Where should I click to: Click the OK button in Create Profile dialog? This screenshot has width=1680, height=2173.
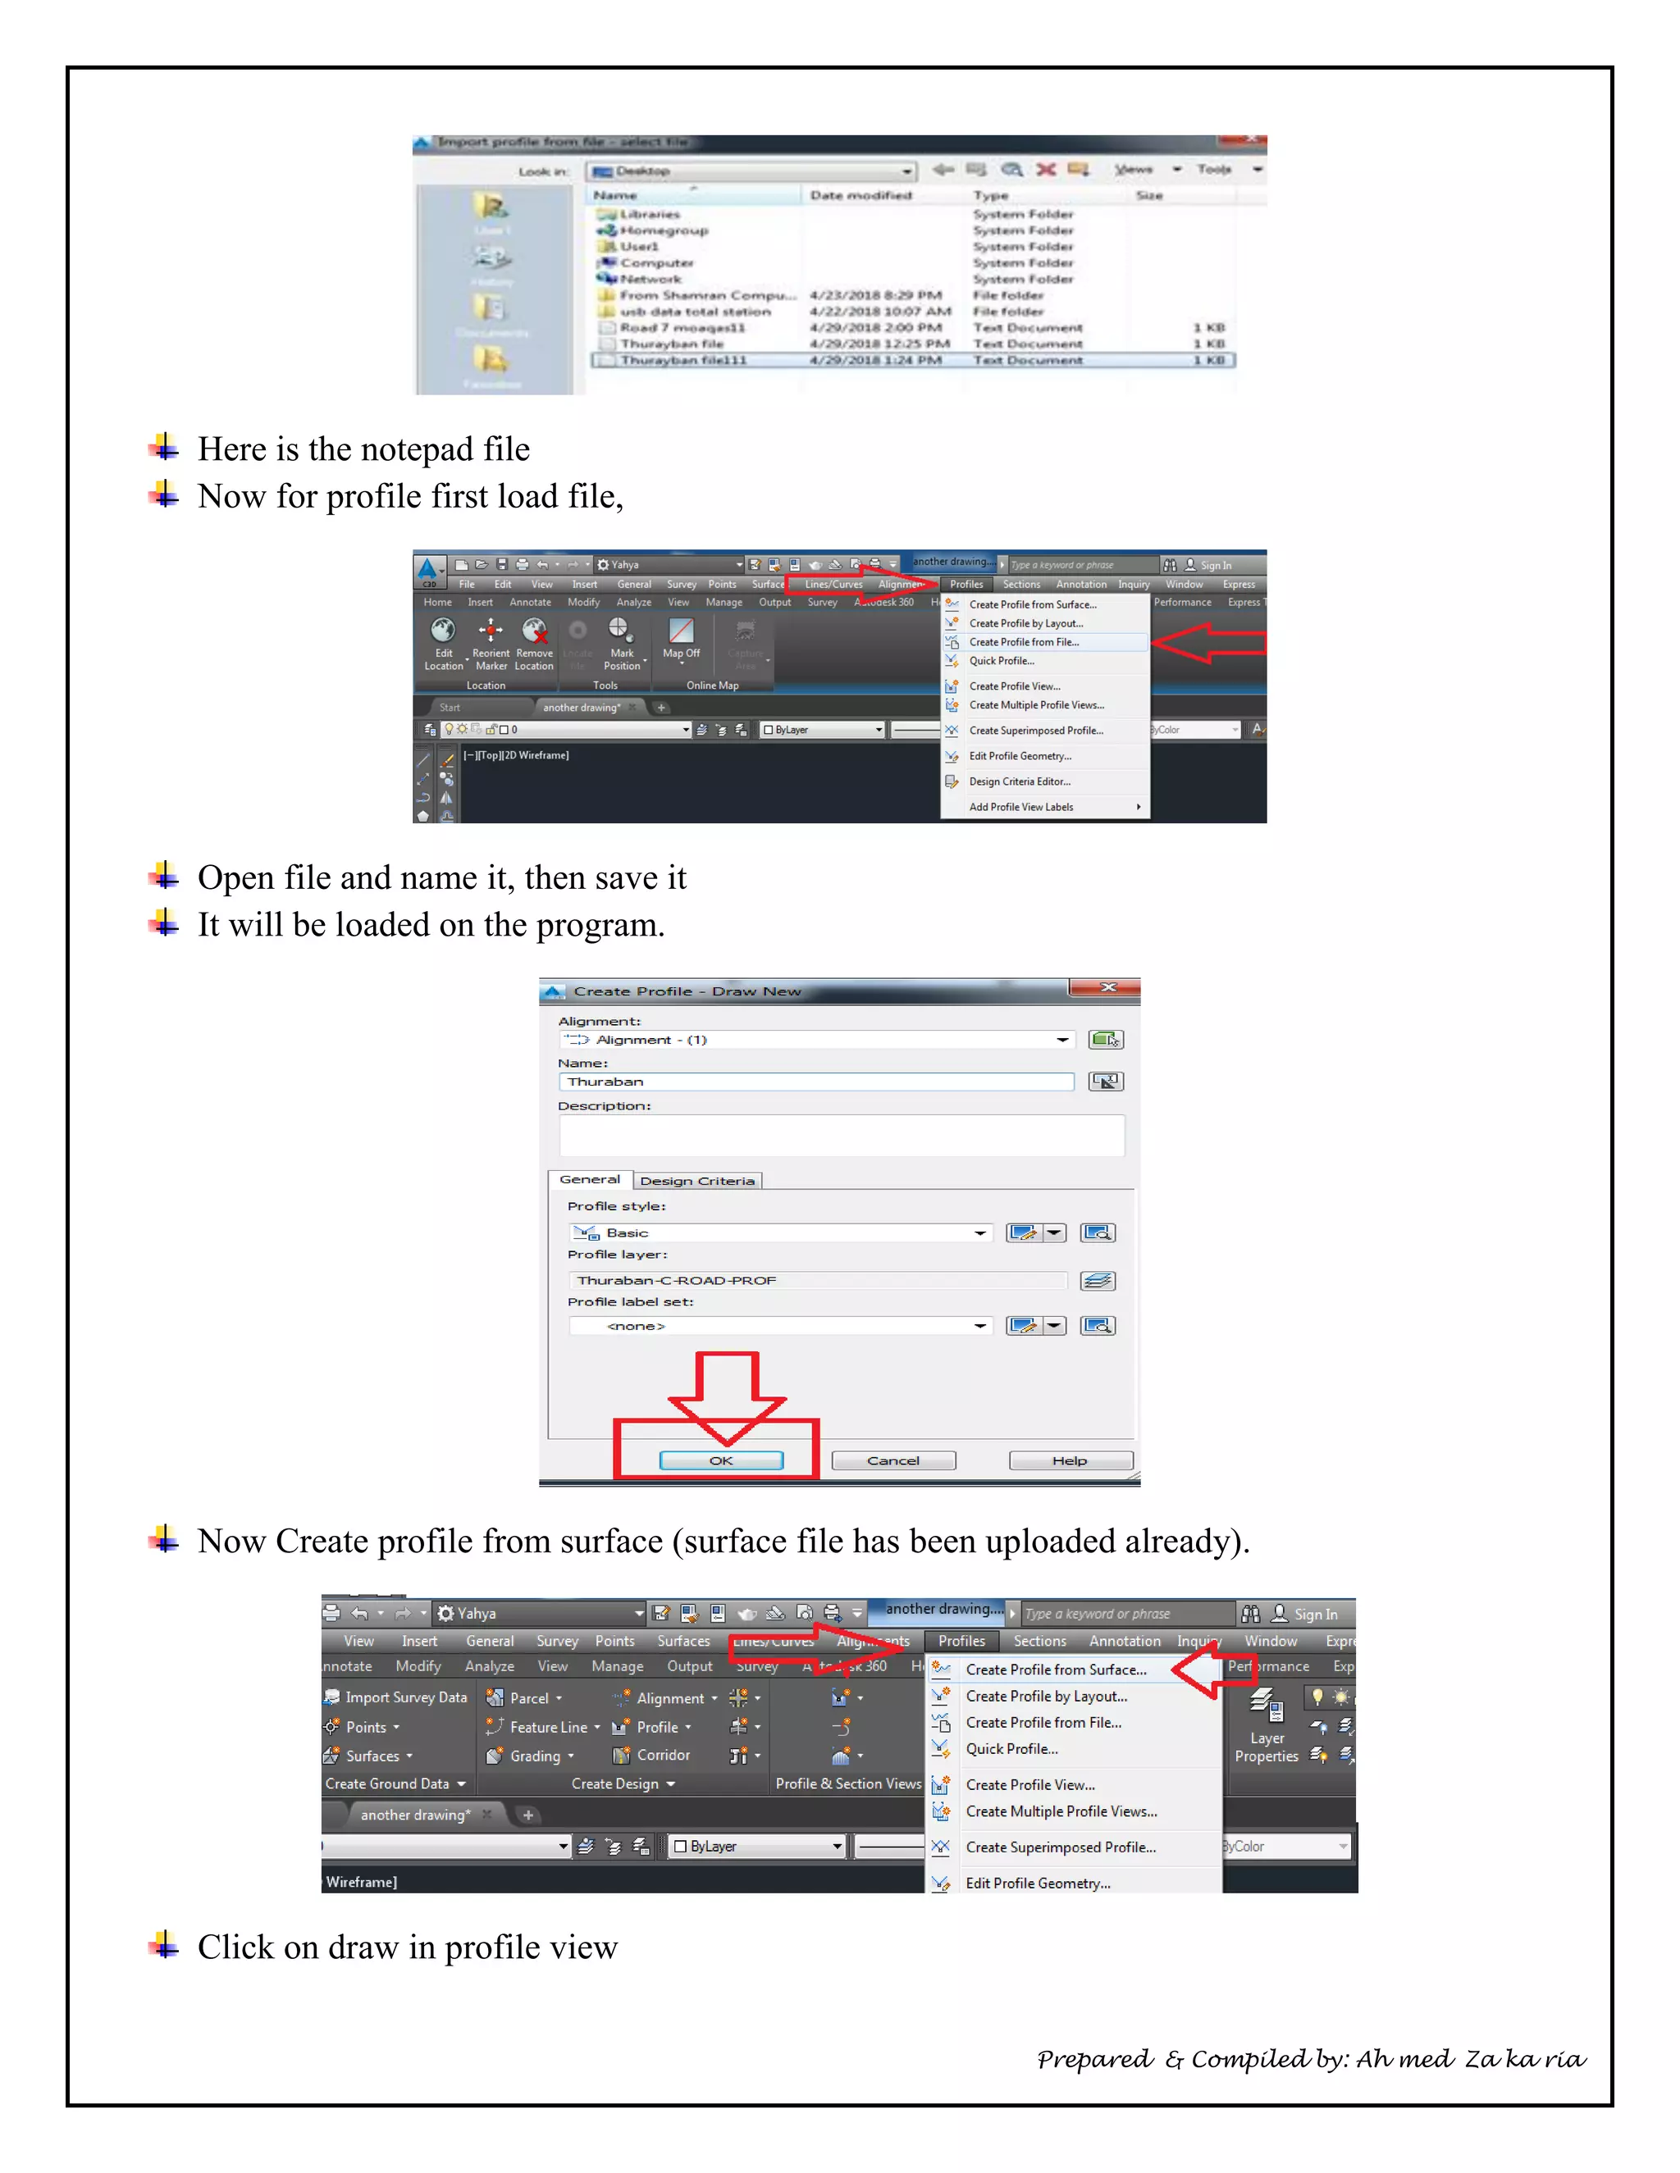tap(720, 1460)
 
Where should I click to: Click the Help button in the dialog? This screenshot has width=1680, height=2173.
tap(1070, 1460)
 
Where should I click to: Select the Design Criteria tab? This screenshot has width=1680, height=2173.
tap(696, 1181)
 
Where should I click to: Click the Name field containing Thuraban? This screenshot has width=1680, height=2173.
tap(816, 1082)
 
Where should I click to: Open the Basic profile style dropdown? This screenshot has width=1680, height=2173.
tap(980, 1234)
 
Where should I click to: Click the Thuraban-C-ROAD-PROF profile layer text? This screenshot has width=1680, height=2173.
tap(677, 1281)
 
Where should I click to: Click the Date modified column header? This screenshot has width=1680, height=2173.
tap(861, 196)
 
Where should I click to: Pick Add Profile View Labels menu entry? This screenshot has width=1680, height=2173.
tap(1021, 807)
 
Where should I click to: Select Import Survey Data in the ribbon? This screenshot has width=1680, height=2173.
tap(405, 1697)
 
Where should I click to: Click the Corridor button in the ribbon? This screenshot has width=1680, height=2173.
tap(662, 1755)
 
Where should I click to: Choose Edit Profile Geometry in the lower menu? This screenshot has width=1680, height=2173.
tap(1037, 1884)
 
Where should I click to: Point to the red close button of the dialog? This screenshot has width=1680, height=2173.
tap(1107, 988)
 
